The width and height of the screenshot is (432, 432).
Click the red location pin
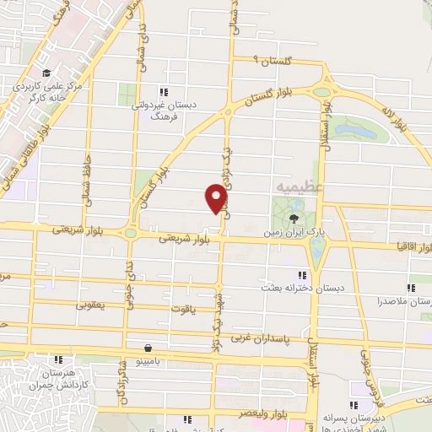tap(217, 198)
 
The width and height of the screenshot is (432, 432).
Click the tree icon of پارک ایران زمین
tap(294, 216)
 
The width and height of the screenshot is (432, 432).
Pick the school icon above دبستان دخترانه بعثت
tap(301, 273)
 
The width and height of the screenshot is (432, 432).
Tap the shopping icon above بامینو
tap(148, 347)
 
